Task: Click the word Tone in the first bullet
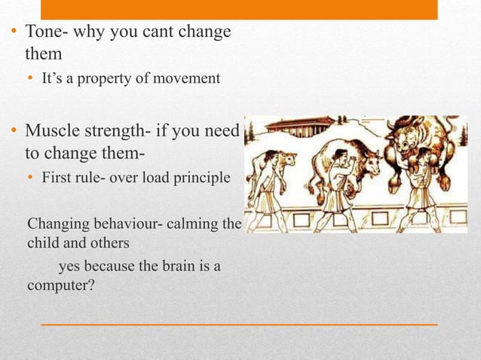(44, 35)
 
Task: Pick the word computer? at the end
(60, 286)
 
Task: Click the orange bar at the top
(238, 9)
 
